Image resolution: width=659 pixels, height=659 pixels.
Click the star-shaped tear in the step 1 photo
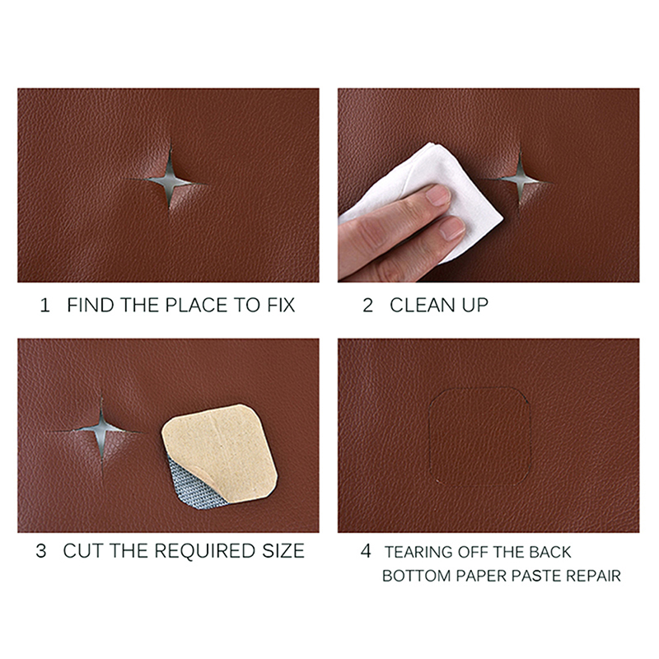click(170, 182)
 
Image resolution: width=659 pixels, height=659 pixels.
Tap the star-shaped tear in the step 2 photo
click(520, 180)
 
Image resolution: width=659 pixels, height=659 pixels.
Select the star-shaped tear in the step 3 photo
click(101, 430)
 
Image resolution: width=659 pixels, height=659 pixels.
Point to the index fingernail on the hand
click(438, 195)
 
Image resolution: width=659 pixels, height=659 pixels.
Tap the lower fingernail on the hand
click(451, 228)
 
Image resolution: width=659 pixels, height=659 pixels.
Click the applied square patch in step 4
click(479, 437)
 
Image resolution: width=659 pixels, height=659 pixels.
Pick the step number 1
click(44, 305)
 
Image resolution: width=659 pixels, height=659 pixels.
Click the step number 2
click(367, 305)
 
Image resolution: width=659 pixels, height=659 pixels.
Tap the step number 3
click(41, 551)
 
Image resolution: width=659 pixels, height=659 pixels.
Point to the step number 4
click(366, 550)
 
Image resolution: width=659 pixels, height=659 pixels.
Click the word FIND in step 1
click(91, 305)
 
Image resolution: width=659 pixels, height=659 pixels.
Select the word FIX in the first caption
click(281, 305)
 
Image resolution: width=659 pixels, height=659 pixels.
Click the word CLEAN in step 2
click(423, 305)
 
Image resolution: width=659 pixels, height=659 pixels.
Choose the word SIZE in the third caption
click(283, 551)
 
